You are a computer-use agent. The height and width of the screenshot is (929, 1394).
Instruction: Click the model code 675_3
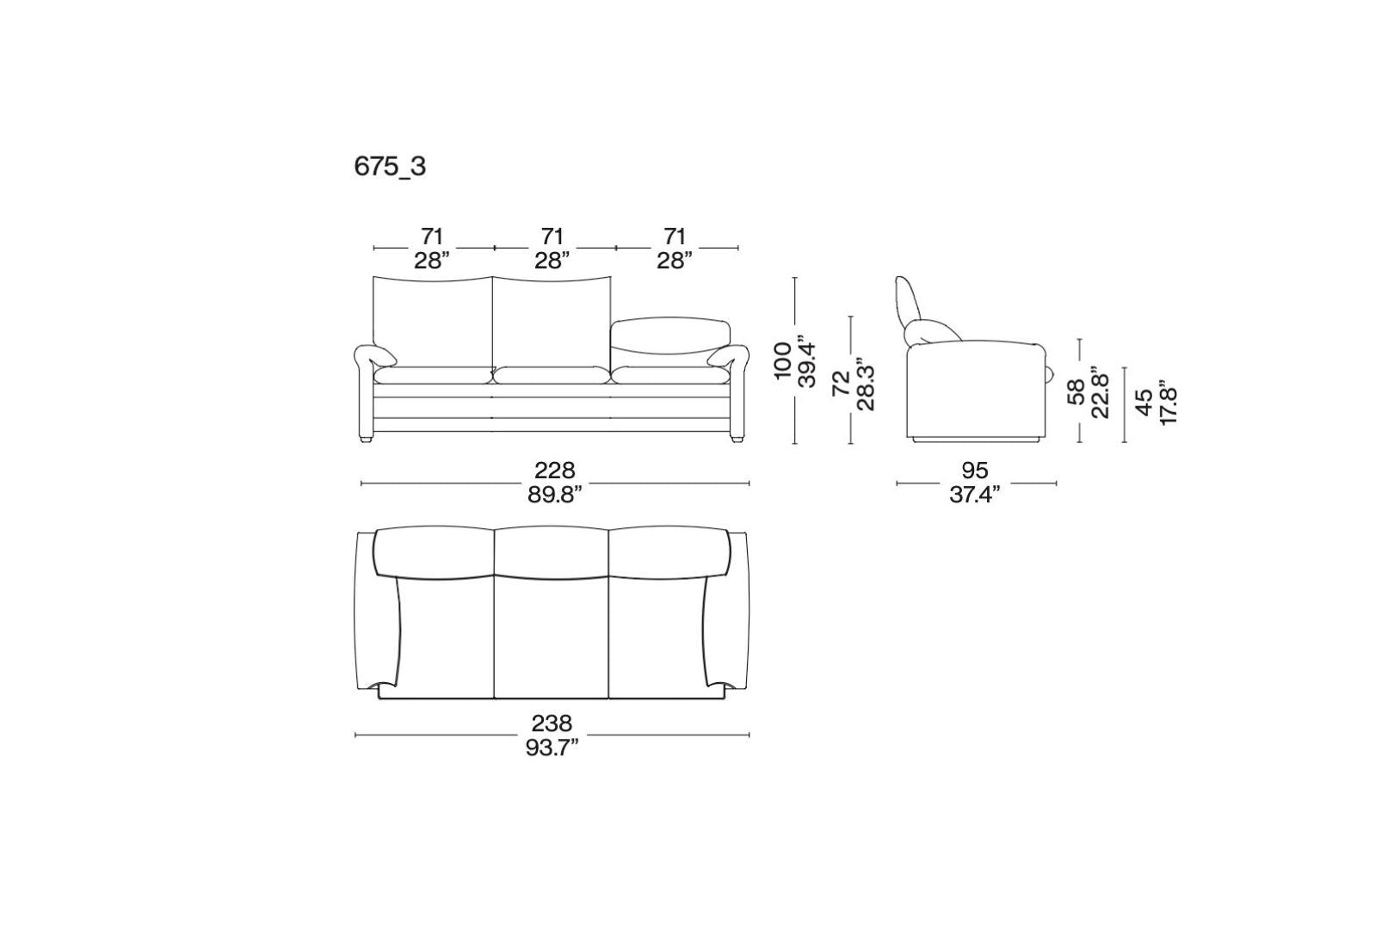390,167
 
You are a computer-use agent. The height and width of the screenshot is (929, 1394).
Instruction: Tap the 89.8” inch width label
554,495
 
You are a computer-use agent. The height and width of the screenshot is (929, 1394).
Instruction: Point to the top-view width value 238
552,723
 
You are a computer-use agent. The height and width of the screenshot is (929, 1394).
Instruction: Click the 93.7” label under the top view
552,748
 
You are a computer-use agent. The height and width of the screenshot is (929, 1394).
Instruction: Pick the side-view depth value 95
975,470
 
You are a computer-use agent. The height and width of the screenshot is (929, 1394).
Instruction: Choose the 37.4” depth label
975,495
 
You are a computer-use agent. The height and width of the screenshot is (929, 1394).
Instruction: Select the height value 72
841,384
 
